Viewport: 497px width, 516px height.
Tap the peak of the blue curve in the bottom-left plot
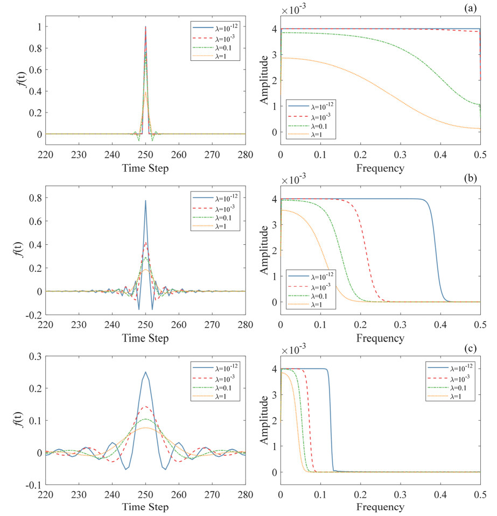tap(145, 372)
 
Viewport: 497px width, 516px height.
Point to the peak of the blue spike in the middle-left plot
tap(145, 201)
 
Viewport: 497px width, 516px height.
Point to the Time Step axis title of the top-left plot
tap(145, 168)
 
